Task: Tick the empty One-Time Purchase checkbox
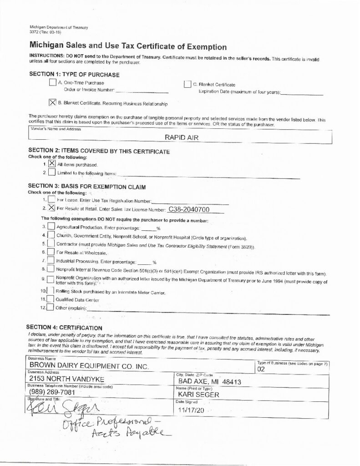pos(52,83)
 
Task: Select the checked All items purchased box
pos(52,163)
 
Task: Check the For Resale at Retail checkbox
pos(51,208)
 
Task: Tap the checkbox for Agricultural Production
pos(51,227)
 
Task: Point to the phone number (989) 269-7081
pos(52,392)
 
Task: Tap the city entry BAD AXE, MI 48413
pos(209,381)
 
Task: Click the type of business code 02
pos(261,370)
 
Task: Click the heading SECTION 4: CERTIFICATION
pos(64,327)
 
